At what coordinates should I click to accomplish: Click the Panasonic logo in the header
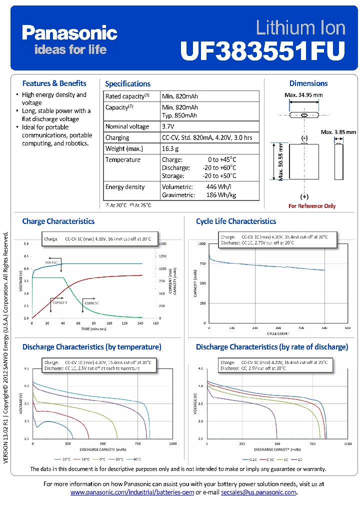(x=69, y=33)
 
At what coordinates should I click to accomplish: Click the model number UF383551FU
(x=262, y=50)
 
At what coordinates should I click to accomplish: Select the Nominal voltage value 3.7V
(x=169, y=126)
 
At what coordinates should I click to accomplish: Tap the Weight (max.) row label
(x=124, y=148)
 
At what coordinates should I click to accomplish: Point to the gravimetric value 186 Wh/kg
(x=220, y=195)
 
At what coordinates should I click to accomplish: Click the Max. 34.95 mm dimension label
(x=303, y=95)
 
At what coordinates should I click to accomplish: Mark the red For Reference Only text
(x=312, y=206)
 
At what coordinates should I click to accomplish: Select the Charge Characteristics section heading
(x=58, y=221)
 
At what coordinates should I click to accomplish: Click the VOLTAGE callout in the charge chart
(x=52, y=262)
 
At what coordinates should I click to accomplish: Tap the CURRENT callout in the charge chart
(x=91, y=303)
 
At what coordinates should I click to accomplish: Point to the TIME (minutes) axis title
(x=94, y=329)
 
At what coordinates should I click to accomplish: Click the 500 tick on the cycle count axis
(x=324, y=328)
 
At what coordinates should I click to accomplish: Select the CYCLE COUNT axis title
(x=278, y=333)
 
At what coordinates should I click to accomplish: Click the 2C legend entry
(x=298, y=459)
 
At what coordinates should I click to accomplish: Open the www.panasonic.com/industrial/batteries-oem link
(x=132, y=492)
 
